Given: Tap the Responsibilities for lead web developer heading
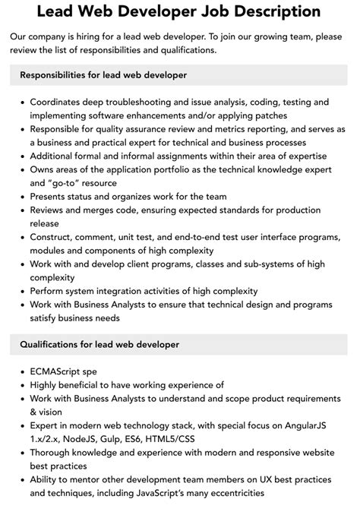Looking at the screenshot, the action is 103,75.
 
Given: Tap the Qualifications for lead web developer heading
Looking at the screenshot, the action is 99,344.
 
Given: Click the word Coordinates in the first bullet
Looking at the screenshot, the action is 62,101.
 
